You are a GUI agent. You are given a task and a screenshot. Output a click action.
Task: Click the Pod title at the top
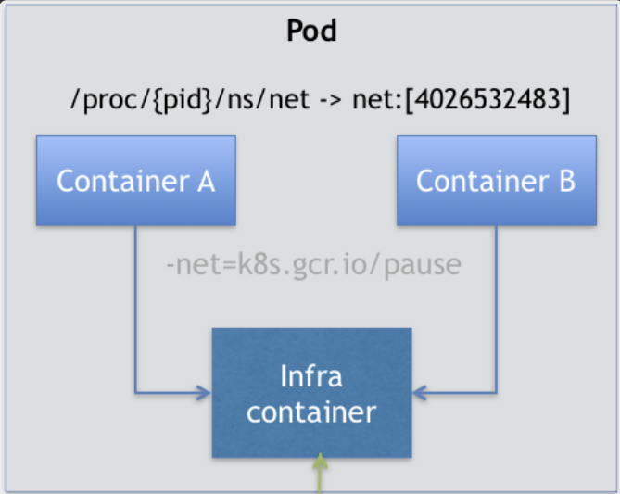click(x=310, y=32)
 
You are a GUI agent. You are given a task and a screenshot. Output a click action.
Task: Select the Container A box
click(x=135, y=181)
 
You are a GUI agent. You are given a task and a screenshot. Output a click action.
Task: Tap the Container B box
click(x=496, y=181)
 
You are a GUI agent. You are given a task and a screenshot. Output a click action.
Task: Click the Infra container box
click(x=311, y=393)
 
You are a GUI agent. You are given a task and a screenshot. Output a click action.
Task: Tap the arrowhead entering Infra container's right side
click(x=419, y=393)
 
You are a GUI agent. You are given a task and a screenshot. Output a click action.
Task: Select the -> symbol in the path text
click(x=329, y=99)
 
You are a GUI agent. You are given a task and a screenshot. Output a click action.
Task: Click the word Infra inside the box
click(x=311, y=376)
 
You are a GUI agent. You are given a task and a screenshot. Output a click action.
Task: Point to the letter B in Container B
click(x=565, y=181)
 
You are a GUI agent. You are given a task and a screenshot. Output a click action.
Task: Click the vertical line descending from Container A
click(x=135, y=306)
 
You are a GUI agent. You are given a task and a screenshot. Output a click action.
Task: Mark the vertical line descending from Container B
click(x=497, y=306)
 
